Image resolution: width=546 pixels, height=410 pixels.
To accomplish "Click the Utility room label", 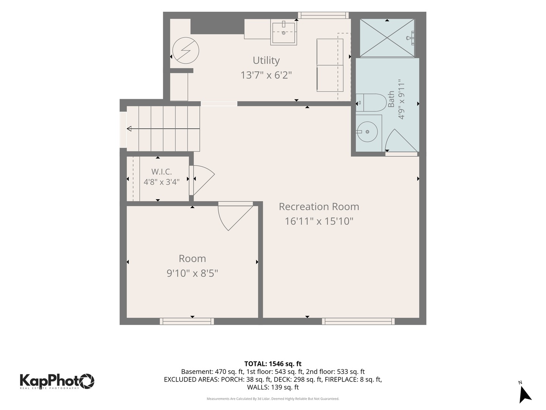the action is click(266, 60).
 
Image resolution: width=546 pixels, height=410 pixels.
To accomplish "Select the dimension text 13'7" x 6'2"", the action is click(266, 75).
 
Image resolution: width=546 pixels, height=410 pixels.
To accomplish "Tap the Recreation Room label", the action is click(318, 207).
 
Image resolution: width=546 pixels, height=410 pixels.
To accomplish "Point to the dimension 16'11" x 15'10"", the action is click(318, 221).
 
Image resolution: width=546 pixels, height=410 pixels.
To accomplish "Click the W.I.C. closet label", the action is click(162, 172).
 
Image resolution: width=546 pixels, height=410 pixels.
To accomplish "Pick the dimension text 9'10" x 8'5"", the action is click(192, 273).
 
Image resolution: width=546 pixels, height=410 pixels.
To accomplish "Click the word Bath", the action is click(391, 99).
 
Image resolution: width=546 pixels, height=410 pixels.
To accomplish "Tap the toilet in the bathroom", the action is click(371, 102).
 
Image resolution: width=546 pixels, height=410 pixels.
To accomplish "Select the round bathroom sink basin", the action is click(367, 132).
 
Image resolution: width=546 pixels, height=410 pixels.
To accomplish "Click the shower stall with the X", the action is click(387, 38).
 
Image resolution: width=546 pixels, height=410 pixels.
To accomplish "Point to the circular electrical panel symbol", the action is click(185, 50).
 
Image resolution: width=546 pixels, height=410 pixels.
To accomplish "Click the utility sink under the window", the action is click(284, 33).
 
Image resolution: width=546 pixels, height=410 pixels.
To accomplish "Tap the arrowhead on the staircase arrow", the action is click(129, 129).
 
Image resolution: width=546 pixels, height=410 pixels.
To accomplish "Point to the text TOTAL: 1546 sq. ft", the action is click(273, 364).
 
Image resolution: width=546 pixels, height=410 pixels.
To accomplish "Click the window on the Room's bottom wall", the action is click(187, 321).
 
